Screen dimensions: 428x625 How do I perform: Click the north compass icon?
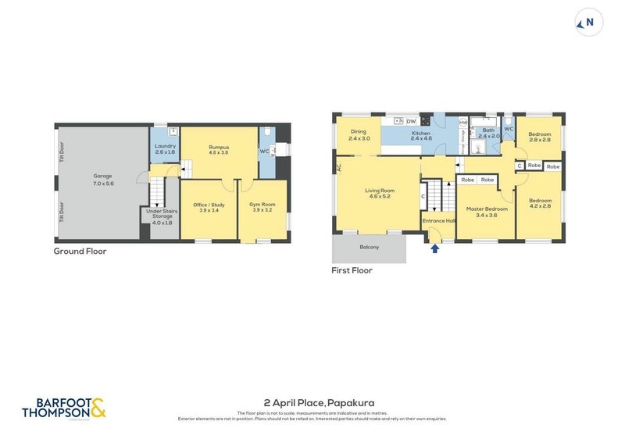(x=588, y=23)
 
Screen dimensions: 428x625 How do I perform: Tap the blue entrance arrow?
(x=434, y=249)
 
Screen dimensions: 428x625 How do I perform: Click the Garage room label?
(x=103, y=179)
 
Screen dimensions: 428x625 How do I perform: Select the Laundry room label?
(x=165, y=148)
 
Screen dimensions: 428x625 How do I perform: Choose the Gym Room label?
(x=263, y=207)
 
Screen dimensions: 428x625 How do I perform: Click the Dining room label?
(x=359, y=135)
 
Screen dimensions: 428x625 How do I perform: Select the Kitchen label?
(x=421, y=135)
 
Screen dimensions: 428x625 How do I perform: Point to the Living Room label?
(x=380, y=193)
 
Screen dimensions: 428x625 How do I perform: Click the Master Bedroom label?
(x=487, y=211)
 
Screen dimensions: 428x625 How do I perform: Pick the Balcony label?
(x=370, y=248)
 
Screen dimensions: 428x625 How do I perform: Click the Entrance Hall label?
(x=439, y=221)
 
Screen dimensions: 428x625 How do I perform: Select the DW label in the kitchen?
(x=411, y=121)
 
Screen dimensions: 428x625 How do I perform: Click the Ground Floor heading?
(x=80, y=251)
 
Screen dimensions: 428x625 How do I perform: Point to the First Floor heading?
(x=352, y=270)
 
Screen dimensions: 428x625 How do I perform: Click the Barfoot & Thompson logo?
(x=63, y=407)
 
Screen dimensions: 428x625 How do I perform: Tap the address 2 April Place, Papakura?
(x=312, y=402)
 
